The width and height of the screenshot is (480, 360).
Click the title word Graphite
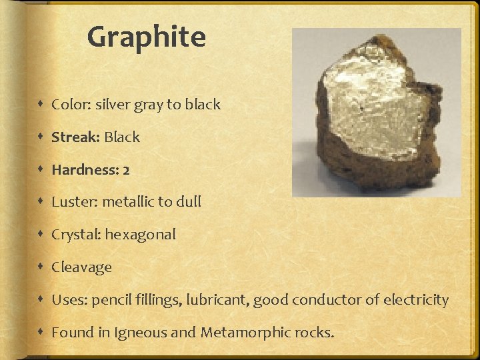pos(146,37)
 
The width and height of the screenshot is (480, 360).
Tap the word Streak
pos(75,137)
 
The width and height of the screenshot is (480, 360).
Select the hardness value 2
pos(126,170)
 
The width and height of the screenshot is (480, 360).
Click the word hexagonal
pos(140,235)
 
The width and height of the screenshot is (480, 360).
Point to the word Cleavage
pos(81,267)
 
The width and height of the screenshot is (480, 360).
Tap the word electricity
pos(416,300)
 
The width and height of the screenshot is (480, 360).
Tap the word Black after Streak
pos(122,137)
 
